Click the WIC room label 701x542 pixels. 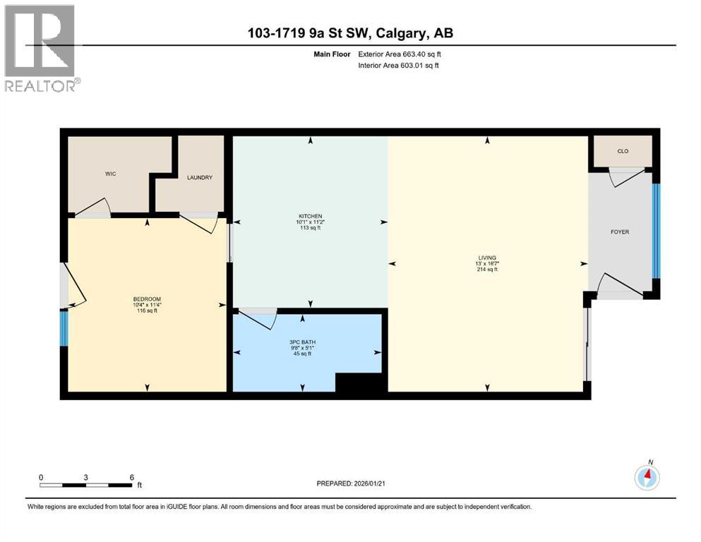pos(110,174)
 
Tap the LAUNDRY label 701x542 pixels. pos(200,178)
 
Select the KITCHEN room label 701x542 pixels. pos(310,216)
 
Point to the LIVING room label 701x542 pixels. pos(487,258)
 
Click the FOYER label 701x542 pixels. pos(619,231)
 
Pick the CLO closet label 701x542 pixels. pos(623,152)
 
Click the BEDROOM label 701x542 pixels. pos(146,299)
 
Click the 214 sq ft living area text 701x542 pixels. pos(487,270)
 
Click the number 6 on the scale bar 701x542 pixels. pos(131,477)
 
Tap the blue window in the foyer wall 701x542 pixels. pos(656,231)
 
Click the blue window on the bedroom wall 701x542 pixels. pos(64,328)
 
